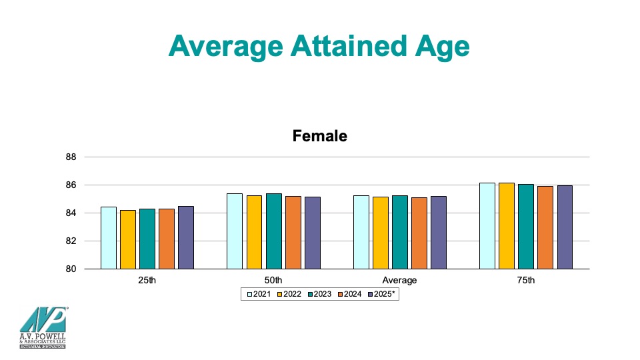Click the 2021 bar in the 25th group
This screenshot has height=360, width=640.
coord(109,238)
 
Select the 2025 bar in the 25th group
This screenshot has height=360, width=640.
coord(186,237)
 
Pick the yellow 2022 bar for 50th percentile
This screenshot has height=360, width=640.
coord(254,232)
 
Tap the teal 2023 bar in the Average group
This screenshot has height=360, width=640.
coord(400,232)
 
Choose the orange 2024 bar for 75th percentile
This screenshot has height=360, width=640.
coord(545,228)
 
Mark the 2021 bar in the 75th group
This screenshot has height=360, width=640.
coord(487,226)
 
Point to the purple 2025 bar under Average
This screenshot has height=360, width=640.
coord(439,233)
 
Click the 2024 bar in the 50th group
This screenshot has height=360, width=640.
coord(293,233)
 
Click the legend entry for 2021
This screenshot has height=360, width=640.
coord(259,294)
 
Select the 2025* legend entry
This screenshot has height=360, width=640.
coord(381,294)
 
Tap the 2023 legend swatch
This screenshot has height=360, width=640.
coord(310,294)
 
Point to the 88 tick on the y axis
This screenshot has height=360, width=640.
coord(71,157)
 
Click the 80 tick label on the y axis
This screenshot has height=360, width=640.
coord(71,269)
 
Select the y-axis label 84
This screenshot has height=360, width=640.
coord(71,213)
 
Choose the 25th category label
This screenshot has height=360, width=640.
coord(147,281)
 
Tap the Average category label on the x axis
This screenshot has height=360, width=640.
coord(399,281)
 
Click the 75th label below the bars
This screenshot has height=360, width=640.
coord(526,281)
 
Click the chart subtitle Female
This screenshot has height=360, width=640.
coord(320,136)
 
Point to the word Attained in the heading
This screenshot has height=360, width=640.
coord(349,46)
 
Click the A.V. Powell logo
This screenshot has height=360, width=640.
coord(43,328)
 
